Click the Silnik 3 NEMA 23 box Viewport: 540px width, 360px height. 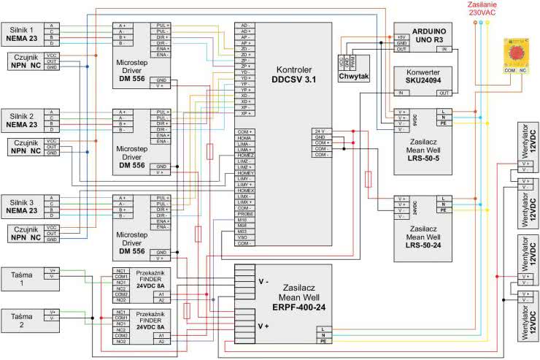[x=23, y=205]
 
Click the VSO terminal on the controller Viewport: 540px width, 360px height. [x=244, y=237]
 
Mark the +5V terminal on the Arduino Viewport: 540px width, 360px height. [x=401, y=37]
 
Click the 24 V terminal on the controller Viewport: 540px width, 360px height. [x=320, y=131]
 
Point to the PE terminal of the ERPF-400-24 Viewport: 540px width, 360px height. [x=322, y=341]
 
